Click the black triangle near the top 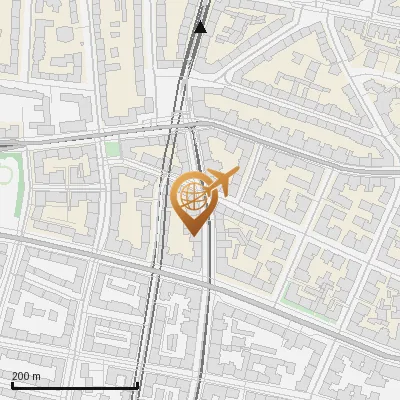click(x=200, y=27)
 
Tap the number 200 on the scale click(x=20, y=376)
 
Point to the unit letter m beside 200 click(x=37, y=376)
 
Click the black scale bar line click(x=75, y=385)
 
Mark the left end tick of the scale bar click(x=13, y=383)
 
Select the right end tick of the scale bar click(x=137, y=383)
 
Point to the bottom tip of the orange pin click(x=191, y=235)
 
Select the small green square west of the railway click(x=112, y=149)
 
